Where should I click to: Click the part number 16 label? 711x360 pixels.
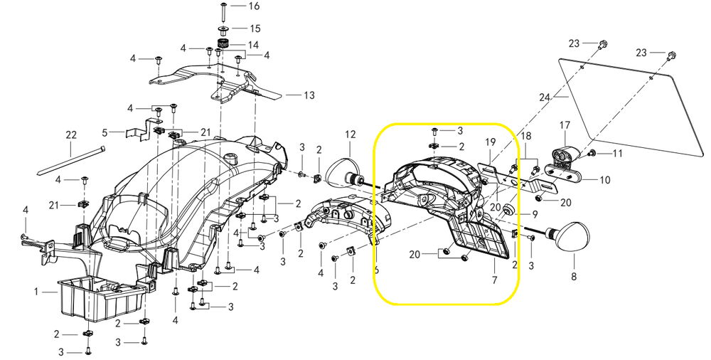(x=254, y=6)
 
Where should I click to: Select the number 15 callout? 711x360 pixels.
(x=255, y=28)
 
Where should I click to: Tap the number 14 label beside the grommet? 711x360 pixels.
(x=253, y=45)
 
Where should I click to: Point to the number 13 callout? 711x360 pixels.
(x=309, y=95)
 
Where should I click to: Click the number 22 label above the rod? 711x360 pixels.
(x=71, y=135)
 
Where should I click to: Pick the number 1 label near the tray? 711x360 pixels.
(x=37, y=292)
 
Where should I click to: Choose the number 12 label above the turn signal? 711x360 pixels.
(x=351, y=134)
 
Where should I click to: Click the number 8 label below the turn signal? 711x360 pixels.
(x=574, y=276)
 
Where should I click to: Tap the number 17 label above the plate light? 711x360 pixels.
(x=565, y=125)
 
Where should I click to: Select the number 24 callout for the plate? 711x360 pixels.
(x=545, y=97)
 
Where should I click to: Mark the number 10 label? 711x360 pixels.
(x=605, y=180)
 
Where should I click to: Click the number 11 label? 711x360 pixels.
(x=618, y=154)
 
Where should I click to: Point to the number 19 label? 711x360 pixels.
(x=490, y=142)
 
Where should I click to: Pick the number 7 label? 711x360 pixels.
(x=494, y=280)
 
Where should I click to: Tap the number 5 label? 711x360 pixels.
(x=105, y=133)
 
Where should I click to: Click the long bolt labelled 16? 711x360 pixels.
(x=224, y=11)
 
